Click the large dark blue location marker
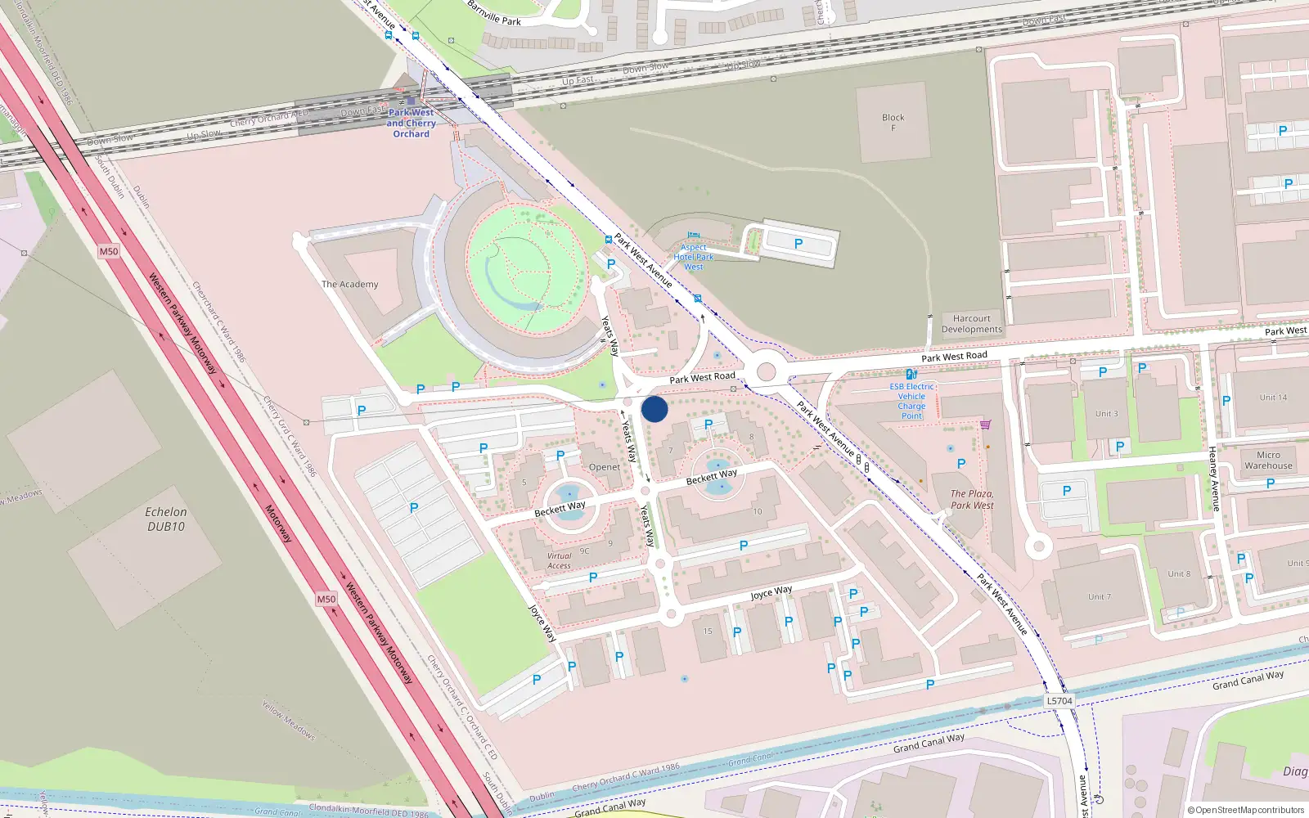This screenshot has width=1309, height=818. coord(654,409)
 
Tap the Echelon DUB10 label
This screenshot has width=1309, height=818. coord(166,519)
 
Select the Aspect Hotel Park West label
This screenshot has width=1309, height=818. coord(694,257)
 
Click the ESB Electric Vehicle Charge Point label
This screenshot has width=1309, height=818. coord(911,401)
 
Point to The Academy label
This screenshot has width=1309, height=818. coord(349,285)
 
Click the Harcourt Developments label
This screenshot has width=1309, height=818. coord(971,324)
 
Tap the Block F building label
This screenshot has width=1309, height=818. coord(893,122)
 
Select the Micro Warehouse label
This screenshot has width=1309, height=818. coord(1268,461)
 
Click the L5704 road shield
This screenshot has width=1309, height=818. coord(1059,701)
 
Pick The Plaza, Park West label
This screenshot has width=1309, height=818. coord(972,500)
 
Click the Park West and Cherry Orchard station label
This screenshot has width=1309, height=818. coord(412,124)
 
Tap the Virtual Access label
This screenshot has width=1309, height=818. coord(560,560)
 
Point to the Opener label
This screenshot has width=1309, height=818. coord(605,467)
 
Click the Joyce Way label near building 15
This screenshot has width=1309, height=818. coord(771,592)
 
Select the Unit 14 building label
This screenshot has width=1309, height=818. coord(1273,398)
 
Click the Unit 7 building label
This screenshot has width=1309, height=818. coord(1099,597)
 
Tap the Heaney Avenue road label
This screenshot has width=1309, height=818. coord(1213,479)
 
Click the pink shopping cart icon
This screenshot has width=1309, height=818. coord(985,424)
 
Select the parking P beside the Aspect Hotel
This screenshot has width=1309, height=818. coord(798,243)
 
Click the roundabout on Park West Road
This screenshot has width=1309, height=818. coord(766,372)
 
